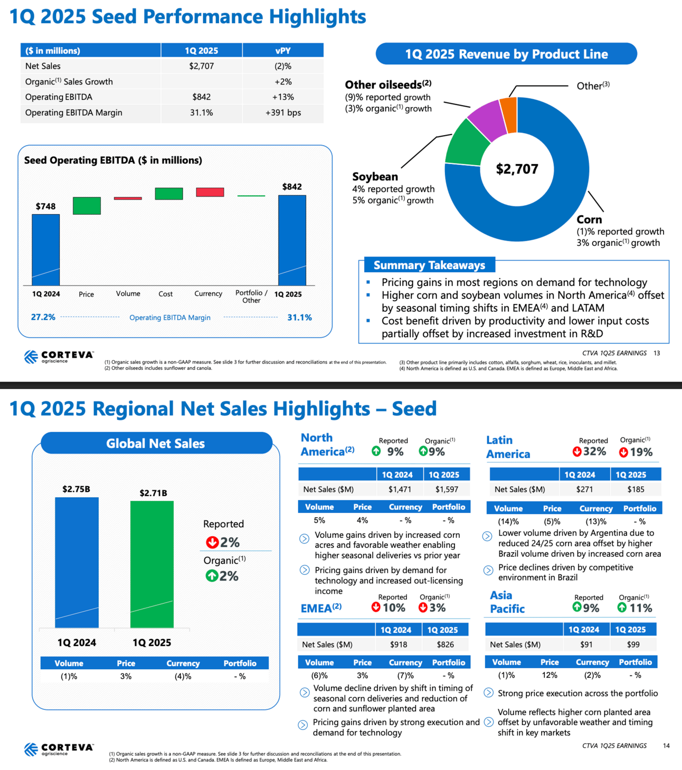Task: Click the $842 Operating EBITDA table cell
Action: pyautogui.click(x=201, y=97)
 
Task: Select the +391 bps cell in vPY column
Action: pyautogui.click(x=283, y=112)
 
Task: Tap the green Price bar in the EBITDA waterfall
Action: pyautogui.click(x=87, y=206)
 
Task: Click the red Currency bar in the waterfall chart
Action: pyautogui.click(x=210, y=192)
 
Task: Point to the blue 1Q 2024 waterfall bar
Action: pyautogui.click(x=46, y=249)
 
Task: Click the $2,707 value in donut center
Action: pyautogui.click(x=517, y=169)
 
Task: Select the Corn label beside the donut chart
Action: pyautogui.click(x=589, y=220)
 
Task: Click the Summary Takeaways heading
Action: pyautogui.click(x=429, y=265)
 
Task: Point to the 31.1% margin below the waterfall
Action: pyautogui.click(x=299, y=317)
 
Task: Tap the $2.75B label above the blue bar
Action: pyautogui.click(x=77, y=489)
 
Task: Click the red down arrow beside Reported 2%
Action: pyautogui.click(x=212, y=542)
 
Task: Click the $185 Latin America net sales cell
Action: pyautogui.click(x=636, y=489)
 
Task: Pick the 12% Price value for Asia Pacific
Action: pyautogui.click(x=550, y=675)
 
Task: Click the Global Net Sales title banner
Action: pyautogui.click(x=156, y=443)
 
